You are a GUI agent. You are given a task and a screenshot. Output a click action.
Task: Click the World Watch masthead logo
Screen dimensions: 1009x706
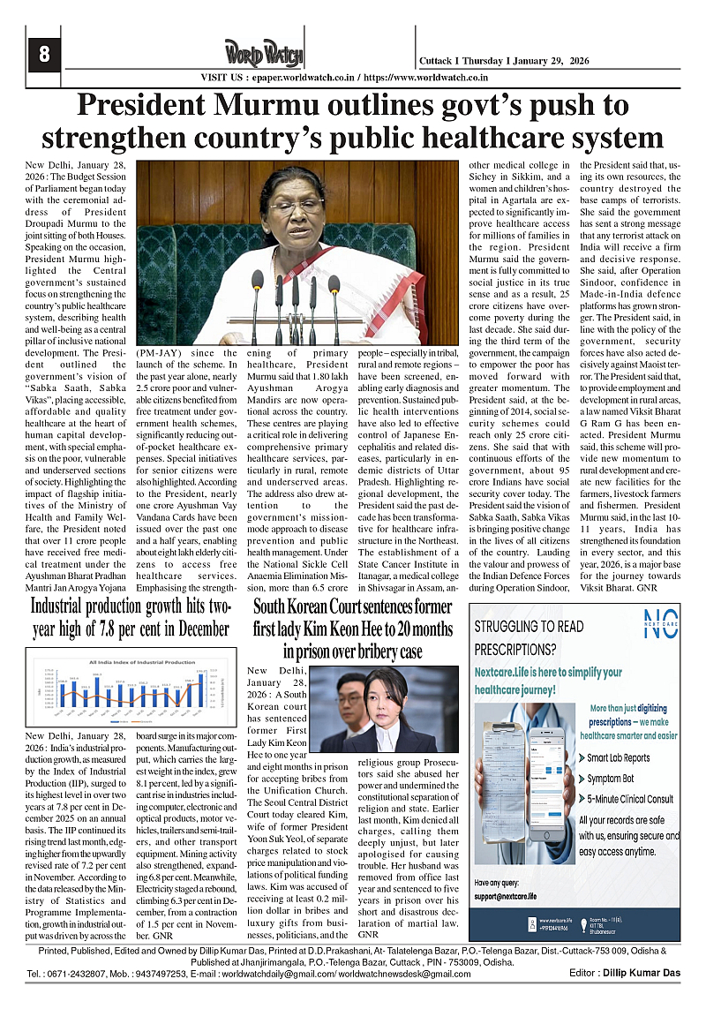[x=263, y=55]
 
